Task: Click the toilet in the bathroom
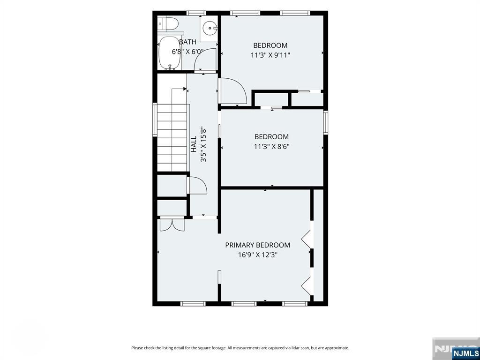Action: click(x=169, y=24)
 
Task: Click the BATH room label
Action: click(x=187, y=42)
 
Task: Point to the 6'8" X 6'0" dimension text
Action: click(x=187, y=52)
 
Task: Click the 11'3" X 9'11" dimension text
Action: click(x=270, y=55)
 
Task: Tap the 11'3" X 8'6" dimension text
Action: click(x=271, y=147)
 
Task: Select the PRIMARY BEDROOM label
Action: click(x=258, y=245)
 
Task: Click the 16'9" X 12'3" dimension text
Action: click(x=258, y=255)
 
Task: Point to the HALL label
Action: click(x=194, y=144)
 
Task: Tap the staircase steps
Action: click(x=172, y=138)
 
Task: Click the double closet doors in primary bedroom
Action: click(x=172, y=224)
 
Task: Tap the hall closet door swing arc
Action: click(x=198, y=186)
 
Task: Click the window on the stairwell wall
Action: click(x=155, y=120)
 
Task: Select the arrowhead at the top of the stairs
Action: click(x=185, y=89)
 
